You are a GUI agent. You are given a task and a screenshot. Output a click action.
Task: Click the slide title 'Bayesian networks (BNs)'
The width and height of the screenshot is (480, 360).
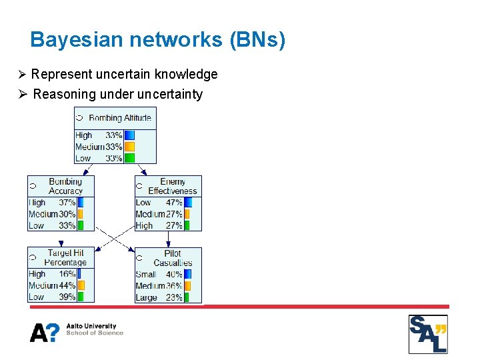158,40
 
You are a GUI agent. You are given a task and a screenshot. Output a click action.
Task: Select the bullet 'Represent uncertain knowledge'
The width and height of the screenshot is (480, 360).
124,74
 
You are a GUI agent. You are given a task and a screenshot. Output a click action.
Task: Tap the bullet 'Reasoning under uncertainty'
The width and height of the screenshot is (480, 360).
117,94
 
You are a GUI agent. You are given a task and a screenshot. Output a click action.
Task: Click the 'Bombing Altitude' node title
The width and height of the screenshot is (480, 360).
120,118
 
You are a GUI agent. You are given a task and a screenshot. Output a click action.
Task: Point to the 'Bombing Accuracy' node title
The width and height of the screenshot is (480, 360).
65,186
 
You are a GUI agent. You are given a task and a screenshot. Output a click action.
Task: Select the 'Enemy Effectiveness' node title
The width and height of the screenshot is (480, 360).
173,186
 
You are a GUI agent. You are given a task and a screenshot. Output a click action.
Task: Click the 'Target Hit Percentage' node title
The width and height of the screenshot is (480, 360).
65,257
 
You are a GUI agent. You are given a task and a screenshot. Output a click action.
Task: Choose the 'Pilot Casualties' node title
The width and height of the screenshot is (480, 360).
173,258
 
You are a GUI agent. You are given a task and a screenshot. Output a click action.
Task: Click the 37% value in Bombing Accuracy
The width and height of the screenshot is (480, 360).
67,203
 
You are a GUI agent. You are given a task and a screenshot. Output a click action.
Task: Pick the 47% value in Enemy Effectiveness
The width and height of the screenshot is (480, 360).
174,203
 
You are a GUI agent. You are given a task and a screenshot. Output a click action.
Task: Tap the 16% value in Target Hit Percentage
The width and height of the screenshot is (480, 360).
67,274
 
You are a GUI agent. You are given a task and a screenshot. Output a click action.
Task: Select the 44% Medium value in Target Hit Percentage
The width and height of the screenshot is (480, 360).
67,285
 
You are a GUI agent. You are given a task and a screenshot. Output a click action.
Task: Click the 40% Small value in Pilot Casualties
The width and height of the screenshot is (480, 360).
174,274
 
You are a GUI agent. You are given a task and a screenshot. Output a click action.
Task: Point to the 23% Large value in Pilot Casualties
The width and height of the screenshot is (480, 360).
174,297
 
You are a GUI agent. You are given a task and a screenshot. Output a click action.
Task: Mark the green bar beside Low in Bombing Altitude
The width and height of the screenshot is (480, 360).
129,158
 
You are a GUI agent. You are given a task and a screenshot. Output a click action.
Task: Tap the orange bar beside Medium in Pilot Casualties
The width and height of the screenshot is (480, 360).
187,285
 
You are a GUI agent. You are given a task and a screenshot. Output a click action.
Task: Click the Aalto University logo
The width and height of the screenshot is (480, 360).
77,331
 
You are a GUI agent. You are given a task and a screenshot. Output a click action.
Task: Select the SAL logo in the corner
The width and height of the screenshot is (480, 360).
428,334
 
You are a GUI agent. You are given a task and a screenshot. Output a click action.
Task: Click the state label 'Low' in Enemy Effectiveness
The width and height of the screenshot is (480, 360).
143,203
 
